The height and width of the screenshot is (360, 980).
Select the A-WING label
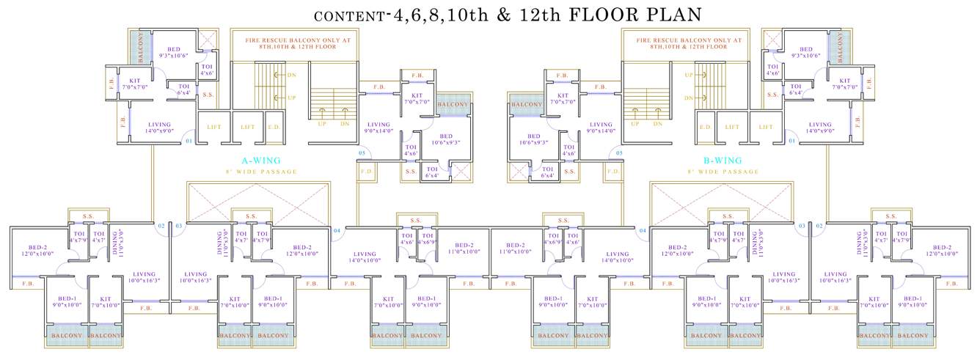[x=262, y=161]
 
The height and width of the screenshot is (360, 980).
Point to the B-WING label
[x=723, y=161]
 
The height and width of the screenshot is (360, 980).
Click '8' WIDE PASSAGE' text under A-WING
[x=262, y=172]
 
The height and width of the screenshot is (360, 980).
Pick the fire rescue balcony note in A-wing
[x=291, y=43]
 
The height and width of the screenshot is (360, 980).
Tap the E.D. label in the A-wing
[x=274, y=127]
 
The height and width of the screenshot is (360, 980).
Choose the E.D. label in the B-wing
[x=706, y=127]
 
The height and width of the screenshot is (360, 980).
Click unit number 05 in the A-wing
[x=362, y=153]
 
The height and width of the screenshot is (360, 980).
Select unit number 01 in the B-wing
[x=790, y=139]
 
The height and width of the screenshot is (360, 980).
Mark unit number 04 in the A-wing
[x=337, y=231]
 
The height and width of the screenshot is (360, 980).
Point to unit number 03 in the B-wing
[x=802, y=226]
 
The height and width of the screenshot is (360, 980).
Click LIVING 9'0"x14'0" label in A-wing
[x=379, y=128]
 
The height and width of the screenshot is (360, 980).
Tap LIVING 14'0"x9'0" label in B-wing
[x=820, y=128]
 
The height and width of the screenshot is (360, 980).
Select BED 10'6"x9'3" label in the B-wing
[x=534, y=139]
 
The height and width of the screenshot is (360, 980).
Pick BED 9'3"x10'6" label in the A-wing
[x=173, y=52]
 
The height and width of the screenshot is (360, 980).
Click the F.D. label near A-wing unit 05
[x=364, y=173]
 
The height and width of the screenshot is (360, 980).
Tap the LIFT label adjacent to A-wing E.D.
[x=247, y=127]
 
